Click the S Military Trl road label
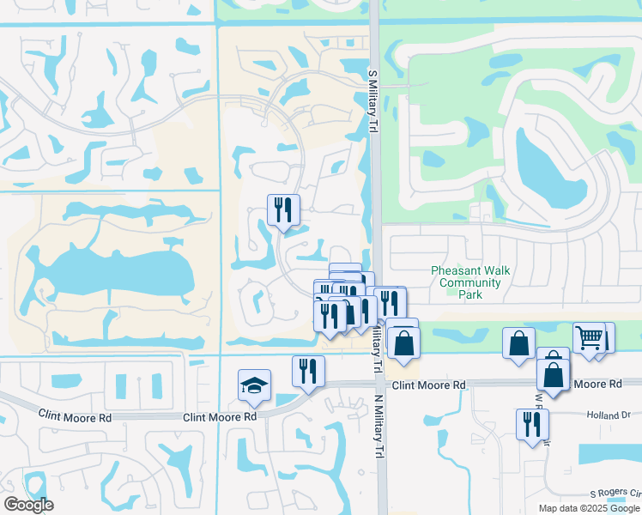pyautogui.click(x=373, y=101)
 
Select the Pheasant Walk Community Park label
pyautogui.click(x=469, y=282)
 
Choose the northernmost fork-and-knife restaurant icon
pyautogui.click(x=283, y=209)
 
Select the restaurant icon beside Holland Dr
pyautogui.click(x=532, y=423)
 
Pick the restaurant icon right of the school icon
pyautogui.click(x=308, y=370)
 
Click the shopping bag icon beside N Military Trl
pyautogui.click(x=402, y=342)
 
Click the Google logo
pyautogui.click(x=28, y=505)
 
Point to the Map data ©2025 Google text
pyautogui.click(x=590, y=508)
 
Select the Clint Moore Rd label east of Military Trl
pyautogui.click(x=428, y=385)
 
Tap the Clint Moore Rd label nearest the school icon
pyautogui.click(x=220, y=416)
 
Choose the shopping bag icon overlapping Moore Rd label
pyautogui.click(x=554, y=374)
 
